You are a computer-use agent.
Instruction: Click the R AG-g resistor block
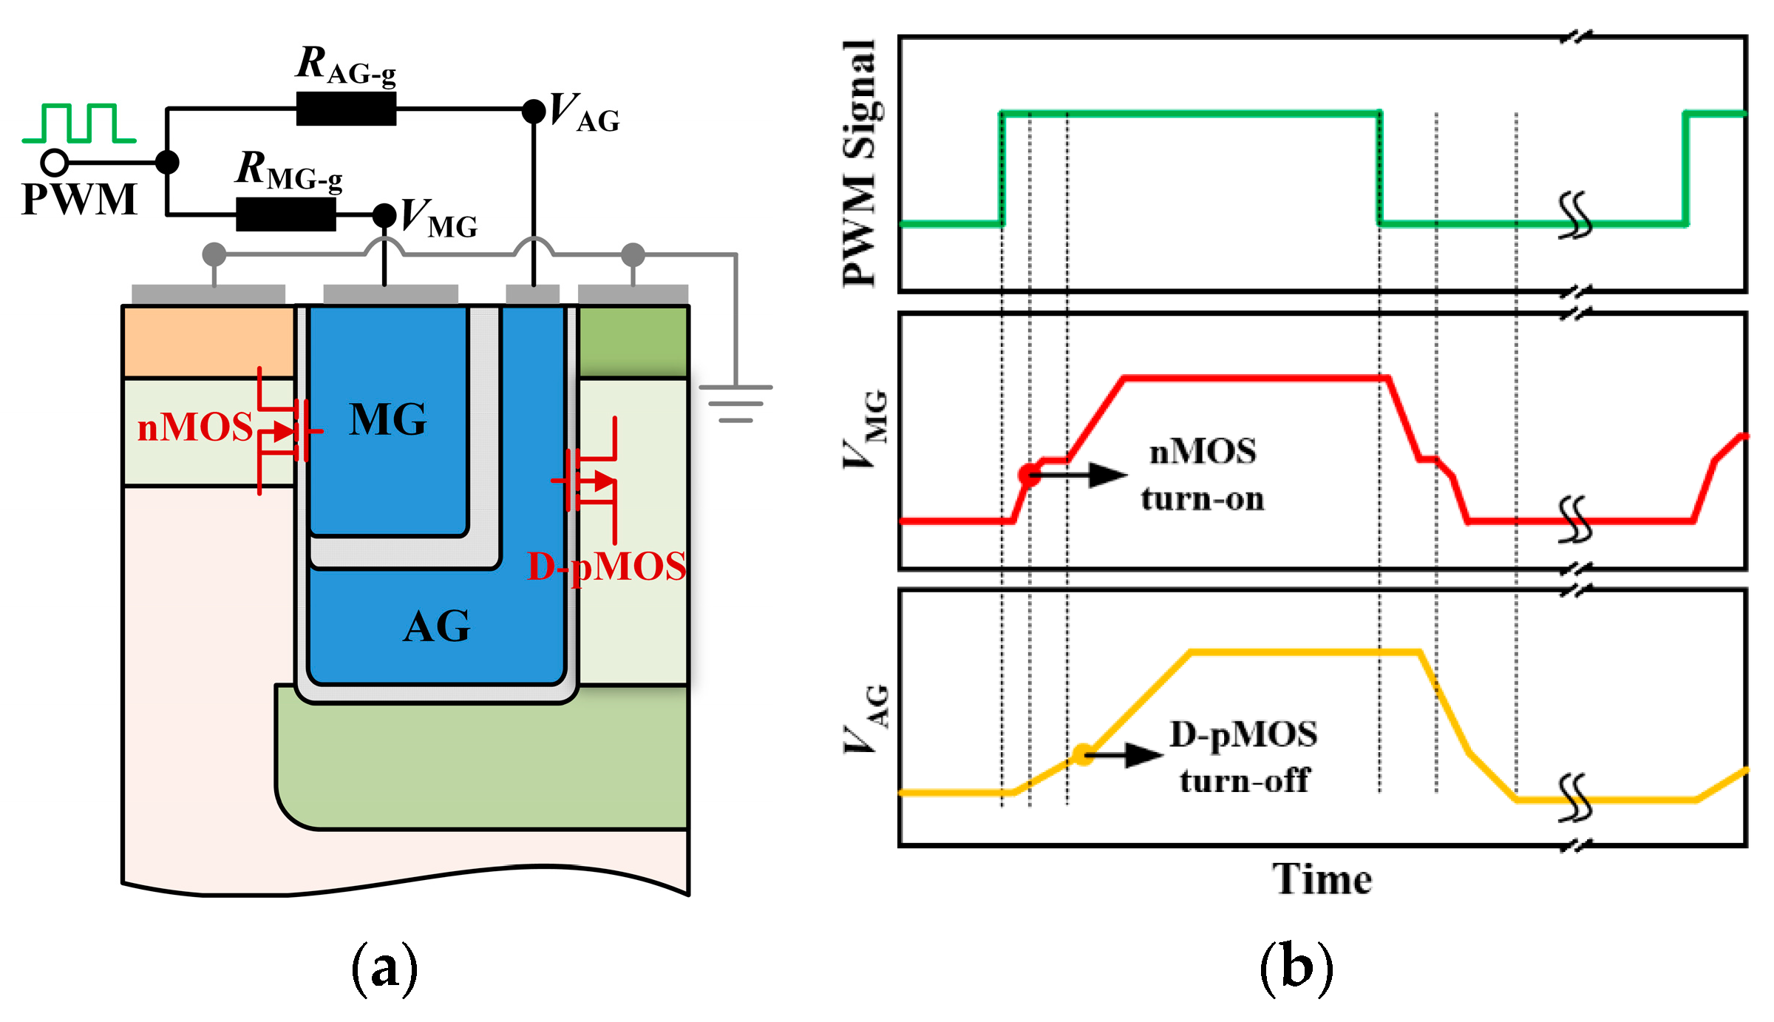click(x=346, y=109)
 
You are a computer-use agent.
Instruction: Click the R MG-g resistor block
click(x=285, y=214)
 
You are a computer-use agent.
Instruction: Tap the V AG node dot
click(x=534, y=111)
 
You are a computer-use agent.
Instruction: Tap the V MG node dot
click(x=384, y=215)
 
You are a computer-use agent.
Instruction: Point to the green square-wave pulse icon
click(x=79, y=123)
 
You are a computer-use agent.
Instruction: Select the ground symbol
click(x=735, y=404)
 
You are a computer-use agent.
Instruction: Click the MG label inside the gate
click(x=388, y=420)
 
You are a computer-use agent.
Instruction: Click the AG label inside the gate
click(x=436, y=627)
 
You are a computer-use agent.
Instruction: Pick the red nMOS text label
click(x=195, y=427)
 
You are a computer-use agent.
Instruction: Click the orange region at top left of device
click(x=208, y=342)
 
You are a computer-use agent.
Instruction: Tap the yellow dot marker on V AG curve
click(x=1083, y=755)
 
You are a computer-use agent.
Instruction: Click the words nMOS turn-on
click(x=1203, y=475)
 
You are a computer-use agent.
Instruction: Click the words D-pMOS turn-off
click(x=1244, y=757)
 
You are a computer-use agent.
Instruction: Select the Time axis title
click(x=1322, y=879)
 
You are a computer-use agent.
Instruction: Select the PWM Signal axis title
click(x=860, y=163)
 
